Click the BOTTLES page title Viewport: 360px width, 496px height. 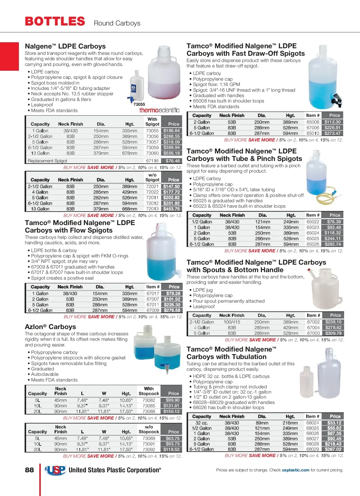coord(55,22)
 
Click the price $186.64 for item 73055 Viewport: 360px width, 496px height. coord(172,131)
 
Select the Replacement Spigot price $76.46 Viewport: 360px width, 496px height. coord(172,161)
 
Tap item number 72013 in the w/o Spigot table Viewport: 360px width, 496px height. coord(152,209)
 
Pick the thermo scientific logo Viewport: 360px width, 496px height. coord(159,110)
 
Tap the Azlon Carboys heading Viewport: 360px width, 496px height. coord(50,327)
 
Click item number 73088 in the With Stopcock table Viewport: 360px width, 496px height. coord(149,411)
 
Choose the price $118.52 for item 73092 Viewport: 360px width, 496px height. coord(171,450)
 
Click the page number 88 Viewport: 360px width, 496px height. coord(29,470)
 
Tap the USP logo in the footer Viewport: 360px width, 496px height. coord(55,470)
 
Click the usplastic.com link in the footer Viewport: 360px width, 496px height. coord(295,470)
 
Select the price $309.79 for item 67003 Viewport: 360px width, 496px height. coord(333,333)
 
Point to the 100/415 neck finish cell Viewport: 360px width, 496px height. coord(232,322)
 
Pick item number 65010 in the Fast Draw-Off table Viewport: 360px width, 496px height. coord(313,133)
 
